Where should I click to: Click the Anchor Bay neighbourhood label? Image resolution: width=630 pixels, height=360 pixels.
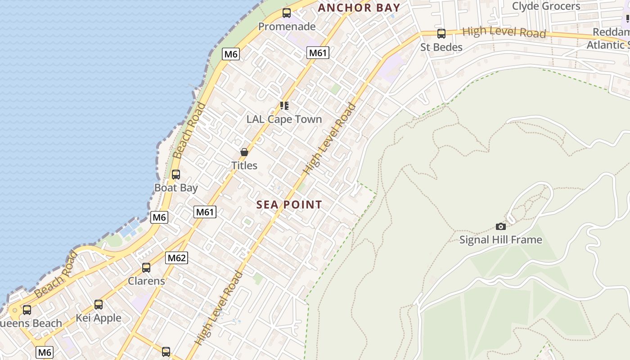(359, 8)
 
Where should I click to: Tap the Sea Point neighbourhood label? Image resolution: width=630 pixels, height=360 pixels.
(289, 205)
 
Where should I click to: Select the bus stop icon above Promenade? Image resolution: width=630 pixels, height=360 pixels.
(287, 13)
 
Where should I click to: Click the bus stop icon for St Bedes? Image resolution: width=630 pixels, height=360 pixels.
(441, 34)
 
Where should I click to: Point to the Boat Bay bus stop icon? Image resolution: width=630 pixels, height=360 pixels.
(176, 174)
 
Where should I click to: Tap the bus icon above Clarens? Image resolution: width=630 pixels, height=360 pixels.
(146, 268)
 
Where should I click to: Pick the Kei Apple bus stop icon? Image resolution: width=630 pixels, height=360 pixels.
(99, 305)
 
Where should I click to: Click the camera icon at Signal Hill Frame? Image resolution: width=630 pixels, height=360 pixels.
(500, 226)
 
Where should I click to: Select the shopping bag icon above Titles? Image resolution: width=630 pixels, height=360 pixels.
(244, 152)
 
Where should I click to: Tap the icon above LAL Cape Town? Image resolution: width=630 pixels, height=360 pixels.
(284, 106)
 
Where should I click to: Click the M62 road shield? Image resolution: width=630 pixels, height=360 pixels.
(176, 258)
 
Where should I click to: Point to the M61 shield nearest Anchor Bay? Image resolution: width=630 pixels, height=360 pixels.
(318, 53)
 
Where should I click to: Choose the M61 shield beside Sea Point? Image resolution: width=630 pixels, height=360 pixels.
(205, 212)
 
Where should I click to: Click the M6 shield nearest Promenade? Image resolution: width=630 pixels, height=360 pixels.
(231, 54)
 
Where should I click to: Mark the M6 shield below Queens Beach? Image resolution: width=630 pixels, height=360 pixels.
(45, 352)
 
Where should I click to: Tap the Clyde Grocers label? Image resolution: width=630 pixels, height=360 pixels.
(546, 6)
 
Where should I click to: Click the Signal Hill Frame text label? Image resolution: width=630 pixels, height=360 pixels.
(500, 240)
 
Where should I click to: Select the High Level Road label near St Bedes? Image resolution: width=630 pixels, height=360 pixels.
(504, 32)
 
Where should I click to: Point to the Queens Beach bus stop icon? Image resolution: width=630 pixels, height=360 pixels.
(27, 310)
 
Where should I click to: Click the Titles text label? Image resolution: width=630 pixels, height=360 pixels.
(244, 166)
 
